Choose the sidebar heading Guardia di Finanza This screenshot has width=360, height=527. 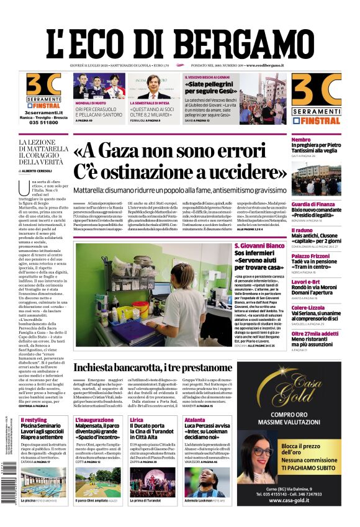click(313, 204)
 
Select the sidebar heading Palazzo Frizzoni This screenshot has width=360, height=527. click(311, 256)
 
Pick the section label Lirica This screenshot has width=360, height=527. click(136, 420)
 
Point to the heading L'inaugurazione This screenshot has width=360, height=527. click(94, 420)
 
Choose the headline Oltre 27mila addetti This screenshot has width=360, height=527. click(315, 333)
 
